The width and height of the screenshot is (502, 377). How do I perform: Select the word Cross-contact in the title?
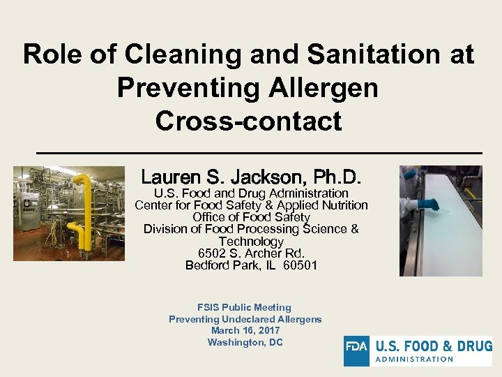249,121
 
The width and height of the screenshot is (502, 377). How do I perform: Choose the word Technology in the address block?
251,242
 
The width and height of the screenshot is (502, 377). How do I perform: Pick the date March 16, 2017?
245,330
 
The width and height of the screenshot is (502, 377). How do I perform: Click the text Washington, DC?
245,342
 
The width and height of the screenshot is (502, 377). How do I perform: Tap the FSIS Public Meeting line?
244,307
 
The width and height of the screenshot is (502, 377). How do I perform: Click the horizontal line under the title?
259,152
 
